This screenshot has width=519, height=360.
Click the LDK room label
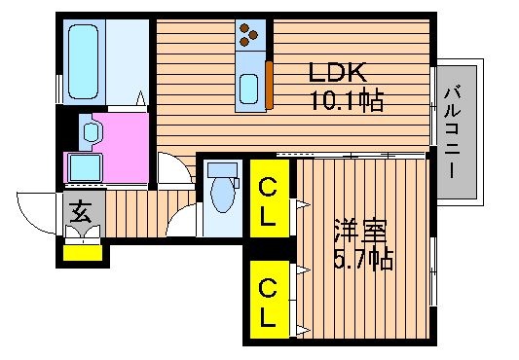pyautogui.click(x=337, y=72)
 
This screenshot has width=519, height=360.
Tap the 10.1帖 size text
pyautogui.click(x=348, y=99)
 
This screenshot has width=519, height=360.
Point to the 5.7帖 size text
pyautogui.click(x=364, y=258)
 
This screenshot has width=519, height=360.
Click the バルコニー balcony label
pyautogui.click(x=453, y=131)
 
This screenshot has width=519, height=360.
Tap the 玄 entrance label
pyautogui.click(x=81, y=213)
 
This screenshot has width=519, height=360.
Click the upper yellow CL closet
pyautogui.click(x=270, y=198)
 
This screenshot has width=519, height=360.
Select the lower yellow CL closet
pyautogui.click(x=270, y=300)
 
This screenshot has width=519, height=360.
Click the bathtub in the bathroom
pyautogui.click(x=84, y=62)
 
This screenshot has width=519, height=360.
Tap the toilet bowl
pyautogui.click(x=223, y=195)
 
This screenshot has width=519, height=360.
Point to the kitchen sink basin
pyautogui.click(x=249, y=89)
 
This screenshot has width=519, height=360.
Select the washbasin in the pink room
pyautogui.click(x=91, y=132)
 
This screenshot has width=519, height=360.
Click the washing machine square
pyautogui.click(x=86, y=167)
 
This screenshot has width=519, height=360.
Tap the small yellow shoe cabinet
pyautogui.click(x=83, y=253)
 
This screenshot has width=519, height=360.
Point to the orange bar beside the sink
pyautogui.click(x=269, y=85)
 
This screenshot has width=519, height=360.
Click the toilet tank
pyautogui.click(x=222, y=169)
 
